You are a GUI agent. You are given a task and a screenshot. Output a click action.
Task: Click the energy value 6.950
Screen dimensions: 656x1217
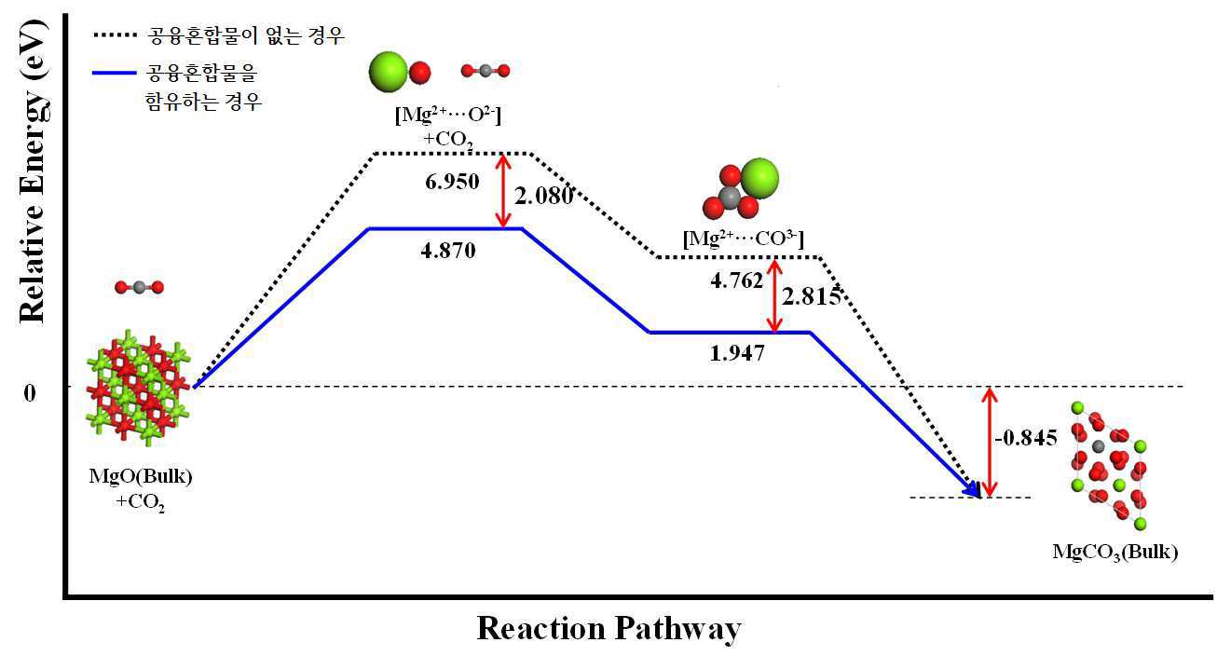tap(452, 182)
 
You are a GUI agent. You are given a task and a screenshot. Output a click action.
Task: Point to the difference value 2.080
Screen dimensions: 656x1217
tap(543, 196)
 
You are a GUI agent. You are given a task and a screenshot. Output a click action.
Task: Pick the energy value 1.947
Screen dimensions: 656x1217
tap(736, 353)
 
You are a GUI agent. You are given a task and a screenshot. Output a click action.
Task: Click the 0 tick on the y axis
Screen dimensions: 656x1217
tap(30, 392)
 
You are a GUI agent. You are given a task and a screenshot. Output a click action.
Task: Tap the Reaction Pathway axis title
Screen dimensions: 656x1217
tap(608, 629)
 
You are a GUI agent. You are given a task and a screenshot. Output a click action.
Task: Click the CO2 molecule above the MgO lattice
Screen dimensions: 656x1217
tap(139, 287)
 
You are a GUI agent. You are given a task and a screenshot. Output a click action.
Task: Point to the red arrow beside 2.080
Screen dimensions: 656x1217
tap(504, 191)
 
